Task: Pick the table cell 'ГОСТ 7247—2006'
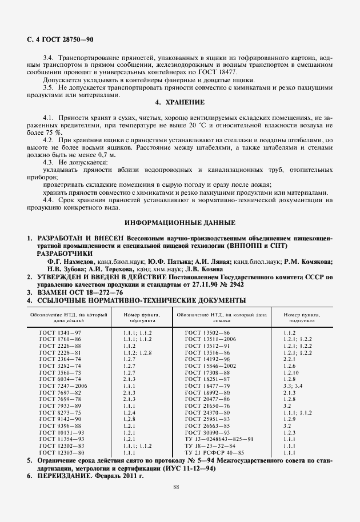tap(67, 386)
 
